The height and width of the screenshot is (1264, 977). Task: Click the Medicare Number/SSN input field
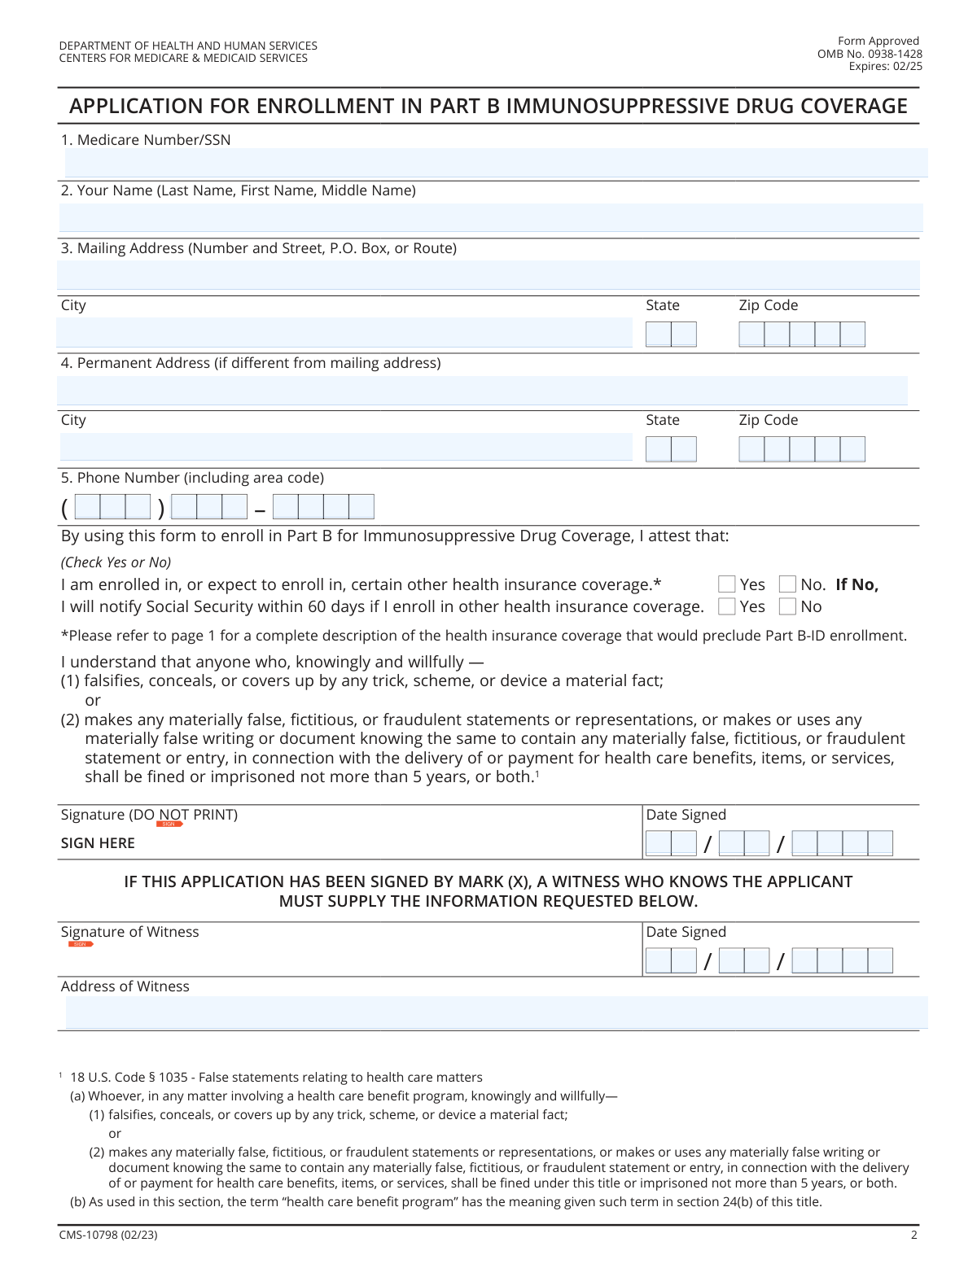[x=495, y=163]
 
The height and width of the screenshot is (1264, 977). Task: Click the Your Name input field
[x=491, y=218]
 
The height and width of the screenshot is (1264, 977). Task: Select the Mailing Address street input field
[x=488, y=275]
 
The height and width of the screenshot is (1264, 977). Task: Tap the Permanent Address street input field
[x=482, y=391]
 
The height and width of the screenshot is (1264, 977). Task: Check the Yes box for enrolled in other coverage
[x=727, y=584]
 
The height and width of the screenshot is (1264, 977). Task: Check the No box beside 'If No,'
[x=787, y=584]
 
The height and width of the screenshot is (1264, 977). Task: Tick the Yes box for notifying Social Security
[x=727, y=606]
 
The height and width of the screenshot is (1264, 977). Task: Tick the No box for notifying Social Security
[x=787, y=606]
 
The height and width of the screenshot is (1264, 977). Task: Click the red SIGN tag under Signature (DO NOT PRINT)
[x=169, y=824]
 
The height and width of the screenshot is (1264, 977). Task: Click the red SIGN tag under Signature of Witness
[x=81, y=944]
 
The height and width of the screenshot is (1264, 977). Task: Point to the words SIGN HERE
[x=98, y=843]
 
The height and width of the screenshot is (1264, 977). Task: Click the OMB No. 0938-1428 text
[x=870, y=54]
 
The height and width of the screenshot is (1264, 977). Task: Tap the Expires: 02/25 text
[x=885, y=66]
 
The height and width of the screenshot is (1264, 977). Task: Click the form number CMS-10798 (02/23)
[x=108, y=1235]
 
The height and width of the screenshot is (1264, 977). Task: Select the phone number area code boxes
[x=113, y=507]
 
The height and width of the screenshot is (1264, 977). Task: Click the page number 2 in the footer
[x=914, y=1235]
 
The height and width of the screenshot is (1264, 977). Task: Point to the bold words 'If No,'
[x=857, y=584]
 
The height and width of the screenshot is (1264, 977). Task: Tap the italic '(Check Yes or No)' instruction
[x=116, y=562]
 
